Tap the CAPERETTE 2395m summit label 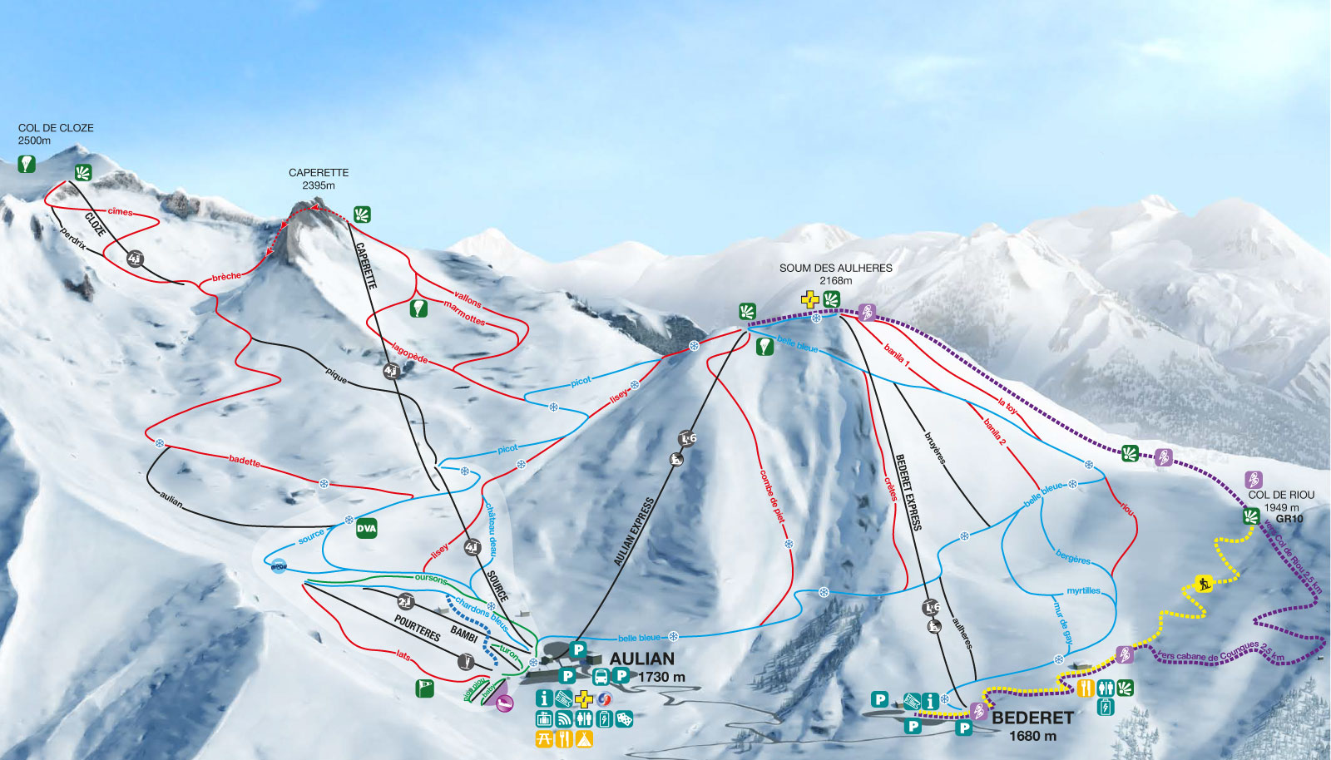coord(319,178)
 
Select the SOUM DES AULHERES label coord(835,268)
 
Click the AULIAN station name coord(641,659)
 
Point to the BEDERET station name coord(1032,718)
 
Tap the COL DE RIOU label coord(1280,495)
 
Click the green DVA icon coord(366,528)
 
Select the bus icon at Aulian coord(599,676)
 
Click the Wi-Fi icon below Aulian coord(564,718)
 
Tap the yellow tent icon coord(584,738)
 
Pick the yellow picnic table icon coord(544,738)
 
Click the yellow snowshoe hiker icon coord(1203,584)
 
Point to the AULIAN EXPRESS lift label coord(634,532)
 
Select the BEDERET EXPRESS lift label coord(908,491)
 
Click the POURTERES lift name coord(417,629)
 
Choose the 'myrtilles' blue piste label coord(1083,590)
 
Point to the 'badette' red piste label coord(245,460)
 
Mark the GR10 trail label coord(1289,519)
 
